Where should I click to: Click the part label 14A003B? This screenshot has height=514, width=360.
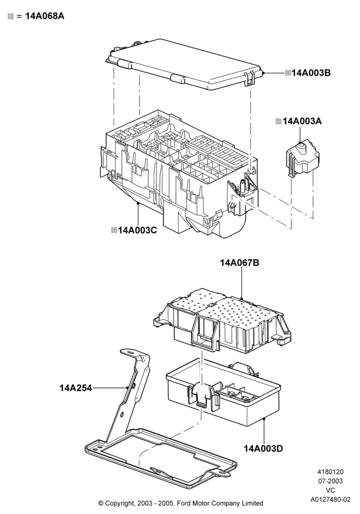pos(311,73)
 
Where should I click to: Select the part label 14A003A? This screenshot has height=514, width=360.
pos(302,121)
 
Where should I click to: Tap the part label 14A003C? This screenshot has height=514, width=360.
pos(137,230)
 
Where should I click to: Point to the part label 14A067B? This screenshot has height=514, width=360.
pos(240,263)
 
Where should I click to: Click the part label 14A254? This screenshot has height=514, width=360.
pos(76,388)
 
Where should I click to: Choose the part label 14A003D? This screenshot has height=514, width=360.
pos(263,448)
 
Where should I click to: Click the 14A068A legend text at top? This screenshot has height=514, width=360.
pos(45,16)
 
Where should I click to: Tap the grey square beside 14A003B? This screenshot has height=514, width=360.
pos(288,73)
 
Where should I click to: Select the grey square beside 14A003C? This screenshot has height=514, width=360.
pos(114,230)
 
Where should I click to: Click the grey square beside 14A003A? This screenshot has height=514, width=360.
pos(279,122)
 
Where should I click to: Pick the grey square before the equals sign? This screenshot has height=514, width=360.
pos(11,16)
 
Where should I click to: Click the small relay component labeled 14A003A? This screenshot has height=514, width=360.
pos(302,159)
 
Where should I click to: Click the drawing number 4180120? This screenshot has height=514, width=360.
pos(331,472)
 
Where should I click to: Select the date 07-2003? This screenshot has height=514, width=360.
pos(331,481)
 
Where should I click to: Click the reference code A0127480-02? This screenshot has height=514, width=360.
pos(331,500)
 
